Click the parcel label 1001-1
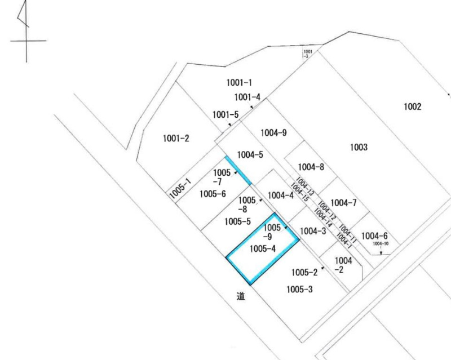pos(239,83)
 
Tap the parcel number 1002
pos(413,106)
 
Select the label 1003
pos(359,148)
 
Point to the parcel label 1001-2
pos(176,139)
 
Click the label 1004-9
pos(274,133)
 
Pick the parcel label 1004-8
pos(311,167)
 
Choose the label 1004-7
pos(344,203)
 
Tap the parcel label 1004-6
pos(374,236)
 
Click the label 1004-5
pos(250,155)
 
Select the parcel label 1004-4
pos(280,196)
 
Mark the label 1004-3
pos(313,230)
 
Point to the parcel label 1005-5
pos(237,221)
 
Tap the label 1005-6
pos(213,194)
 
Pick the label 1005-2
pos(305,273)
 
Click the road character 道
pos(240,295)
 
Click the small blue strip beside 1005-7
pos(238,170)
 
